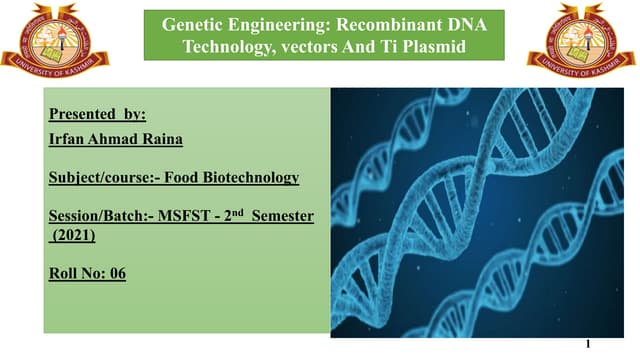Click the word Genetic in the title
coord(195,23)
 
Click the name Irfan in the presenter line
coord(69,140)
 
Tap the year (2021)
coord(71,235)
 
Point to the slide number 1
coord(588,343)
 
